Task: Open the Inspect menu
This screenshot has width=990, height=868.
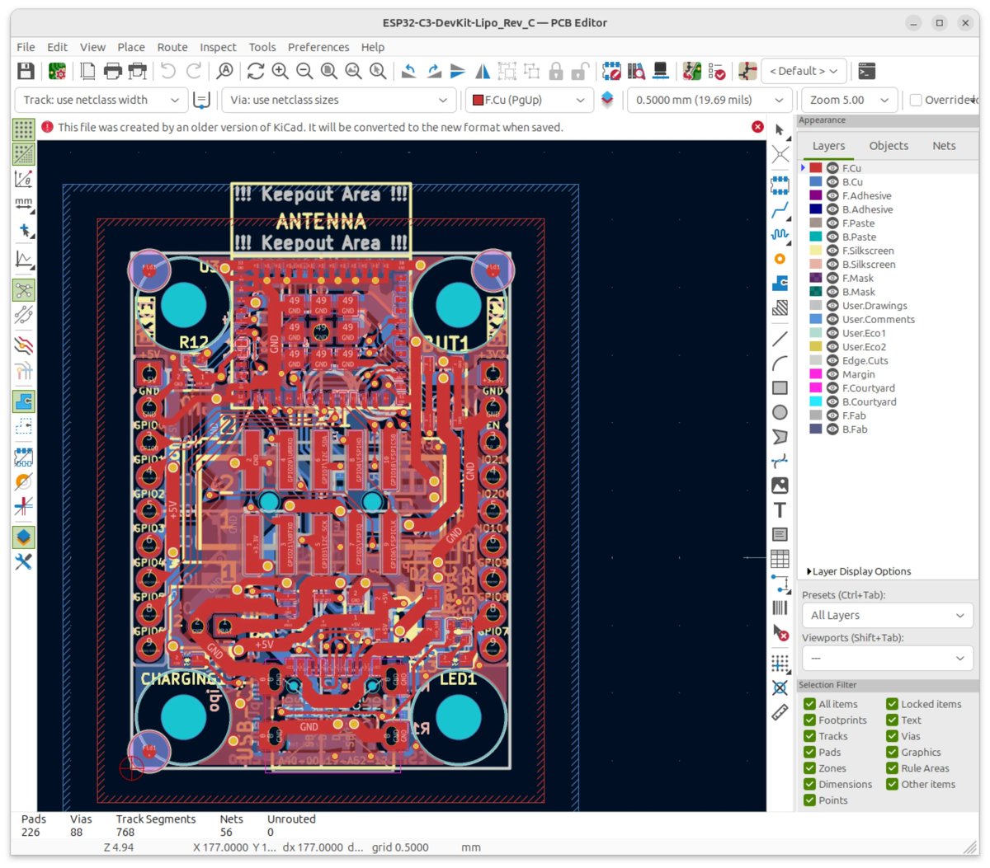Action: (x=218, y=47)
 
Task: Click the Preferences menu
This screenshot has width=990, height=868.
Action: (x=318, y=47)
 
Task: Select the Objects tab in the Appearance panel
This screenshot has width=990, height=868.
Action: (x=889, y=146)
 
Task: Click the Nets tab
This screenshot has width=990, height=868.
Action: (x=944, y=146)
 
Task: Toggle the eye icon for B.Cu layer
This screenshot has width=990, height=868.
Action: (x=832, y=182)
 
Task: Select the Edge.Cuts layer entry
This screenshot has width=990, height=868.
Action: (x=865, y=361)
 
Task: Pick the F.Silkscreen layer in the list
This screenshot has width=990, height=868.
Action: (x=867, y=251)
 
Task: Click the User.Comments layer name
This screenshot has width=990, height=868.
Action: (x=878, y=320)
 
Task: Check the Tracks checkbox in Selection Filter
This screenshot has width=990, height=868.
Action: (x=810, y=736)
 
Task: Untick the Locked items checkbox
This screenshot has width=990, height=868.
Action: (x=893, y=704)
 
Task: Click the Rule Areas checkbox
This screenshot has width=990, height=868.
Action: (x=893, y=768)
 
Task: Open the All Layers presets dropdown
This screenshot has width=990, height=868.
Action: (x=887, y=615)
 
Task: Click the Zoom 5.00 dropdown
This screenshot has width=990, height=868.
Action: (x=849, y=100)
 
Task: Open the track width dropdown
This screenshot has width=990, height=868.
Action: (x=101, y=100)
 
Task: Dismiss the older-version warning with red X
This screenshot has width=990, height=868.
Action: (x=757, y=127)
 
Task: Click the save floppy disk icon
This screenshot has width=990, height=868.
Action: (x=26, y=71)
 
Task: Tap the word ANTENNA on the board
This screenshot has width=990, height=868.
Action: (x=321, y=221)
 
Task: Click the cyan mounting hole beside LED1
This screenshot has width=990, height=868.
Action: (x=458, y=716)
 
